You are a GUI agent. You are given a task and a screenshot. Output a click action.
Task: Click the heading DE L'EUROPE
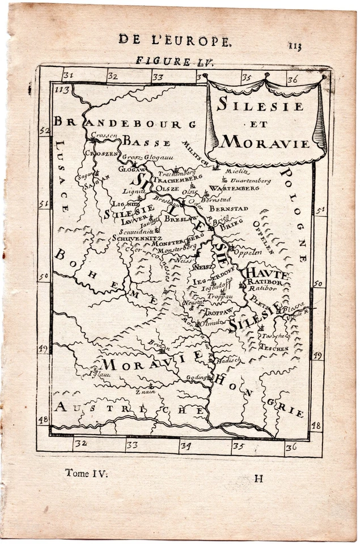pyautogui.click(x=175, y=39)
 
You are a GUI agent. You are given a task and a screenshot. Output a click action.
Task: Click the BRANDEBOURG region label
pyautogui.click(x=125, y=122)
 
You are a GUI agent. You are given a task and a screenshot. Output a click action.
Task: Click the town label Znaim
pyautogui.click(x=145, y=391)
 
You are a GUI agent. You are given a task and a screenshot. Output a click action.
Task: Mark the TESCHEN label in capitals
pyautogui.click(x=274, y=348)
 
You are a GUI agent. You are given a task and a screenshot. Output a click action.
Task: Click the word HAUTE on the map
pyautogui.click(x=267, y=273)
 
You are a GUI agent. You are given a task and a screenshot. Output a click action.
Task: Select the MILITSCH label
pyautogui.click(x=196, y=152)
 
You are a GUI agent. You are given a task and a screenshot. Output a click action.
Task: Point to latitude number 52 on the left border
pyautogui.click(x=44, y=131)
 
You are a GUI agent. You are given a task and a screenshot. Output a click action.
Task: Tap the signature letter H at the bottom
pyautogui.click(x=259, y=478)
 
